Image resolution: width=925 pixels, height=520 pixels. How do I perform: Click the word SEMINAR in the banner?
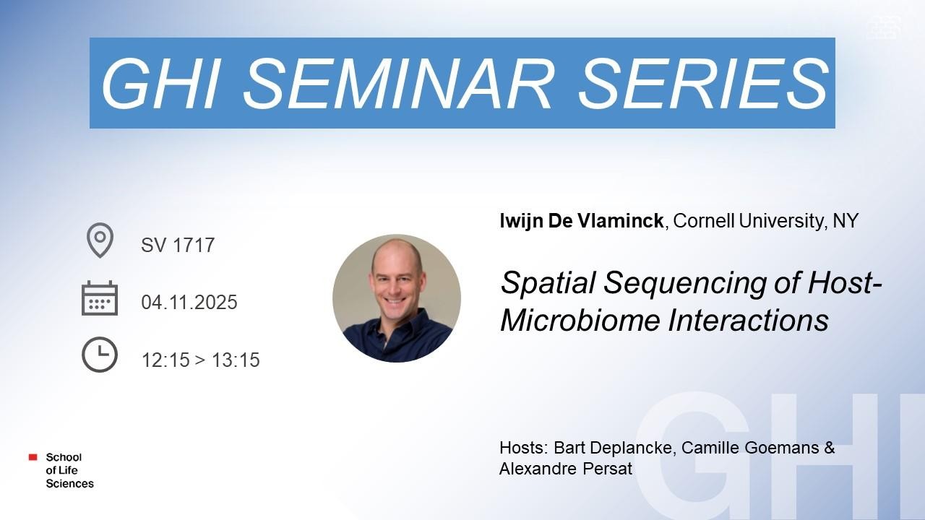(397, 84)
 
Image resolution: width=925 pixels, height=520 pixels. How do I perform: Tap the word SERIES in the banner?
(704, 84)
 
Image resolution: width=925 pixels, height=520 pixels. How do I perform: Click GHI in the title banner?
(160, 84)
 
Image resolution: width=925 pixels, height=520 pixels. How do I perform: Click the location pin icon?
(100, 240)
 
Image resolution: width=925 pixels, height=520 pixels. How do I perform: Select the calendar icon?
(100, 298)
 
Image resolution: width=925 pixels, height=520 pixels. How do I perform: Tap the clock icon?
(100, 355)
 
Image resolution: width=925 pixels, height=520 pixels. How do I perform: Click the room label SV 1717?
(178, 245)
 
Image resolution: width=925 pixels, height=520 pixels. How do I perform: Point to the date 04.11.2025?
(189, 302)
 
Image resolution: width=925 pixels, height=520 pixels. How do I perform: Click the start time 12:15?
(165, 360)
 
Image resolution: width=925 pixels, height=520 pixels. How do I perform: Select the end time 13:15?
(236, 360)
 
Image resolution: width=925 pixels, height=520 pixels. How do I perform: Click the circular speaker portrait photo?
(397, 298)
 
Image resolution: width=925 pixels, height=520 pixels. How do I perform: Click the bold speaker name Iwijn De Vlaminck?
(582, 221)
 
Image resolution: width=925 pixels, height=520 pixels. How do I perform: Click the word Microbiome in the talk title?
(580, 320)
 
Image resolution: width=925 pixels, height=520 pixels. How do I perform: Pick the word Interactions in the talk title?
(748, 320)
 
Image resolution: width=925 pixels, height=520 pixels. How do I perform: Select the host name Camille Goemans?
(750, 448)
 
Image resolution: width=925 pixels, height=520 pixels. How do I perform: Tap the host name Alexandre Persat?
(566, 469)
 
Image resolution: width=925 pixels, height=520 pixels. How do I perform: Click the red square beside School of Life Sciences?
(33, 457)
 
